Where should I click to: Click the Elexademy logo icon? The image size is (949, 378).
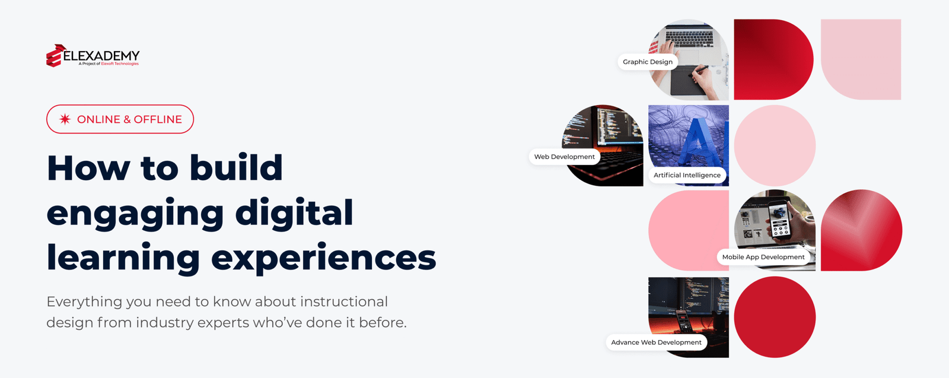coord(55,56)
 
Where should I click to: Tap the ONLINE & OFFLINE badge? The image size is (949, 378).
coord(120,119)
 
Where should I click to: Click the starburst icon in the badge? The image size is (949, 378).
coord(65,119)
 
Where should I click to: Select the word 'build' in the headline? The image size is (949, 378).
coord(236,168)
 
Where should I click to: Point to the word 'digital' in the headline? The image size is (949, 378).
coord(294,212)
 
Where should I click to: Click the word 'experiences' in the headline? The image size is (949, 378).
coord(323,258)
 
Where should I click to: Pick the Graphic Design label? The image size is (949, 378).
coord(647,62)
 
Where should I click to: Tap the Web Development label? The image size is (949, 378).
coord(564,157)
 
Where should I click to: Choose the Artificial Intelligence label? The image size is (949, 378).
coord(687,175)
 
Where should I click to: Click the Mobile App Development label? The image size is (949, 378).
coord(763,257)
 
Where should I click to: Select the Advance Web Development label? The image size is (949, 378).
coord(656,342)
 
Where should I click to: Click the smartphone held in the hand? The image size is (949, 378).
coord(779,220)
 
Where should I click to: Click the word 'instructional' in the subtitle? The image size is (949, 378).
coord(343,301)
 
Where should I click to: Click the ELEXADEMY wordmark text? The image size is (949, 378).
coord(101,56)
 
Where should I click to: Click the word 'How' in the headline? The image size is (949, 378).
coord(88,169)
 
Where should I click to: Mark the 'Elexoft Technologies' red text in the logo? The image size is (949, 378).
coord(120,64)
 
